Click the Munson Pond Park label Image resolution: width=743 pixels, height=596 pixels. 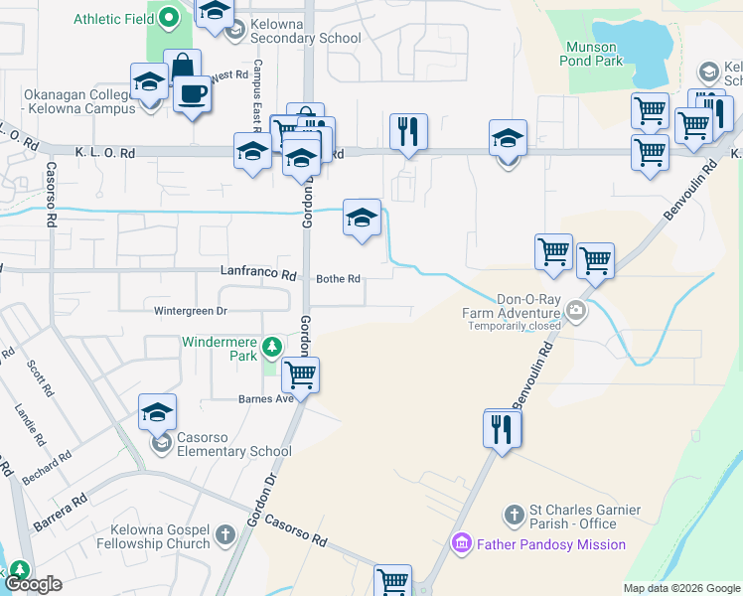click(593, 54)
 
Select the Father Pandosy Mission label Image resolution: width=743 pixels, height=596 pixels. click(550, 544)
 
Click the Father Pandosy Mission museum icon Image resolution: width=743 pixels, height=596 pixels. click(461, 544)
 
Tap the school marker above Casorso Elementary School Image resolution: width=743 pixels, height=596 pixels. click(157, 412)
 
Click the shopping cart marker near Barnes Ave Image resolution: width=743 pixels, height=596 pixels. click(300, 375)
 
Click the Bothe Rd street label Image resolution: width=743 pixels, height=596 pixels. click(338, 279)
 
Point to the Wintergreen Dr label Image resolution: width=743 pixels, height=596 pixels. click(191, 311)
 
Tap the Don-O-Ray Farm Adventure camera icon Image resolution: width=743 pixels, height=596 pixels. click(576, 312)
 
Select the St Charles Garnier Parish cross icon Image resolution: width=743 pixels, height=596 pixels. click(515, 515)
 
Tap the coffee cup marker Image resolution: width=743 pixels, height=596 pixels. click(192, 95)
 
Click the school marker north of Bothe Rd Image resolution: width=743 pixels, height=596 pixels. click(362, 218)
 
